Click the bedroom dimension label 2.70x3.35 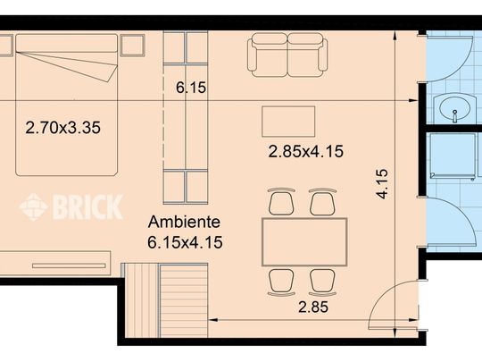pos(63,128)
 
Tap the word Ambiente pos(184,222)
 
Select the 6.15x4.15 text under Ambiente pos(185,242)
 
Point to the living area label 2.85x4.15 pos(305,151)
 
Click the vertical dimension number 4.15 pos(383,184)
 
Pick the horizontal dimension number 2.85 pos(313,307)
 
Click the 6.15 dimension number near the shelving pos(191,88)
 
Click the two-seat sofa pos(287,55)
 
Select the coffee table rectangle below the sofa pos(288,122)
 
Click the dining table pos(304,241)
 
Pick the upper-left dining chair pos(281,202)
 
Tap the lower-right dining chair pos(322,282)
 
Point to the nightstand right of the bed pos(132,46)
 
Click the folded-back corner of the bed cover pos(109,72)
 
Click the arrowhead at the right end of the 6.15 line pos(413,100)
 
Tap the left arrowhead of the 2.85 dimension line pos(213,320)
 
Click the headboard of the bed pos(66,43)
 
